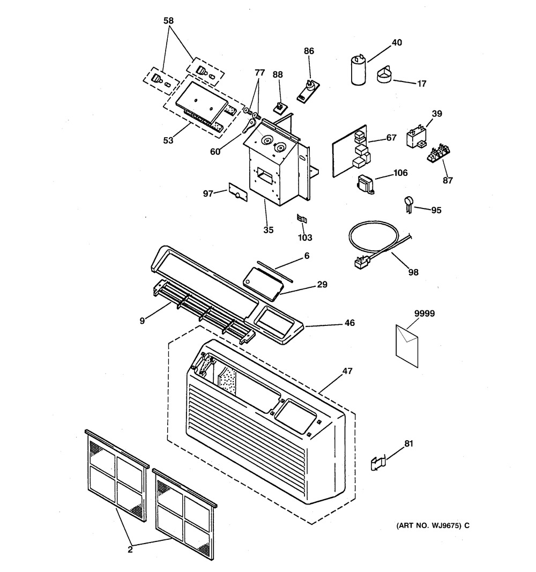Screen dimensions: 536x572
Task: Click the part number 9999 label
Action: [x=425, y=314]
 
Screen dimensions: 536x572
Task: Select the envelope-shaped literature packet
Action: [x=407, y=346]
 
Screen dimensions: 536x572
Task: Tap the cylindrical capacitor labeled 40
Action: [x=359, y=70]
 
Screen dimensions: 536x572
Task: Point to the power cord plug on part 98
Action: [x=362, y=262]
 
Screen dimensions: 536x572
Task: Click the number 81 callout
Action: [x=409, y=443]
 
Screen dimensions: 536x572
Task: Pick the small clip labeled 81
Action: [x=378, y=464]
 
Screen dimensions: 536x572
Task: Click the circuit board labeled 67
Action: [x=351, y=151]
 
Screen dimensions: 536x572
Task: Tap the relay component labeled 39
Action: [x=416, y=137]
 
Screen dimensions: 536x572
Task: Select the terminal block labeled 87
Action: [x=438, y=152]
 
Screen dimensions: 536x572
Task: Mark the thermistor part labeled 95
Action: [x=409, y=205]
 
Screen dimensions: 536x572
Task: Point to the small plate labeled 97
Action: [x=238, y=192]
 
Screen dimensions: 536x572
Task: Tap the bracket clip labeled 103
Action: [x=302, y=219]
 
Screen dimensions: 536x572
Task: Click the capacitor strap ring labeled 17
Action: [x=384, y=75]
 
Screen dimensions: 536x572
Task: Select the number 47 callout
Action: [x=347, y=371]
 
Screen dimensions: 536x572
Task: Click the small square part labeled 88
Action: [x=280, y=108]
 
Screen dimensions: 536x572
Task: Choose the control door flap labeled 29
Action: [x=263, y=283]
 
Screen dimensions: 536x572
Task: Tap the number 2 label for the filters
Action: [x=130, y=549]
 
